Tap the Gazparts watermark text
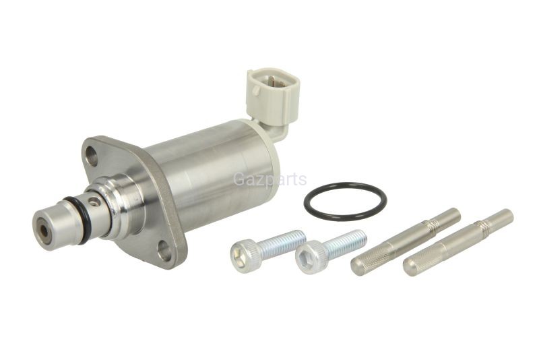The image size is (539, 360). click(x=270, y=179)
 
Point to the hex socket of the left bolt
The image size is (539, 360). click(x=238, y=253)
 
